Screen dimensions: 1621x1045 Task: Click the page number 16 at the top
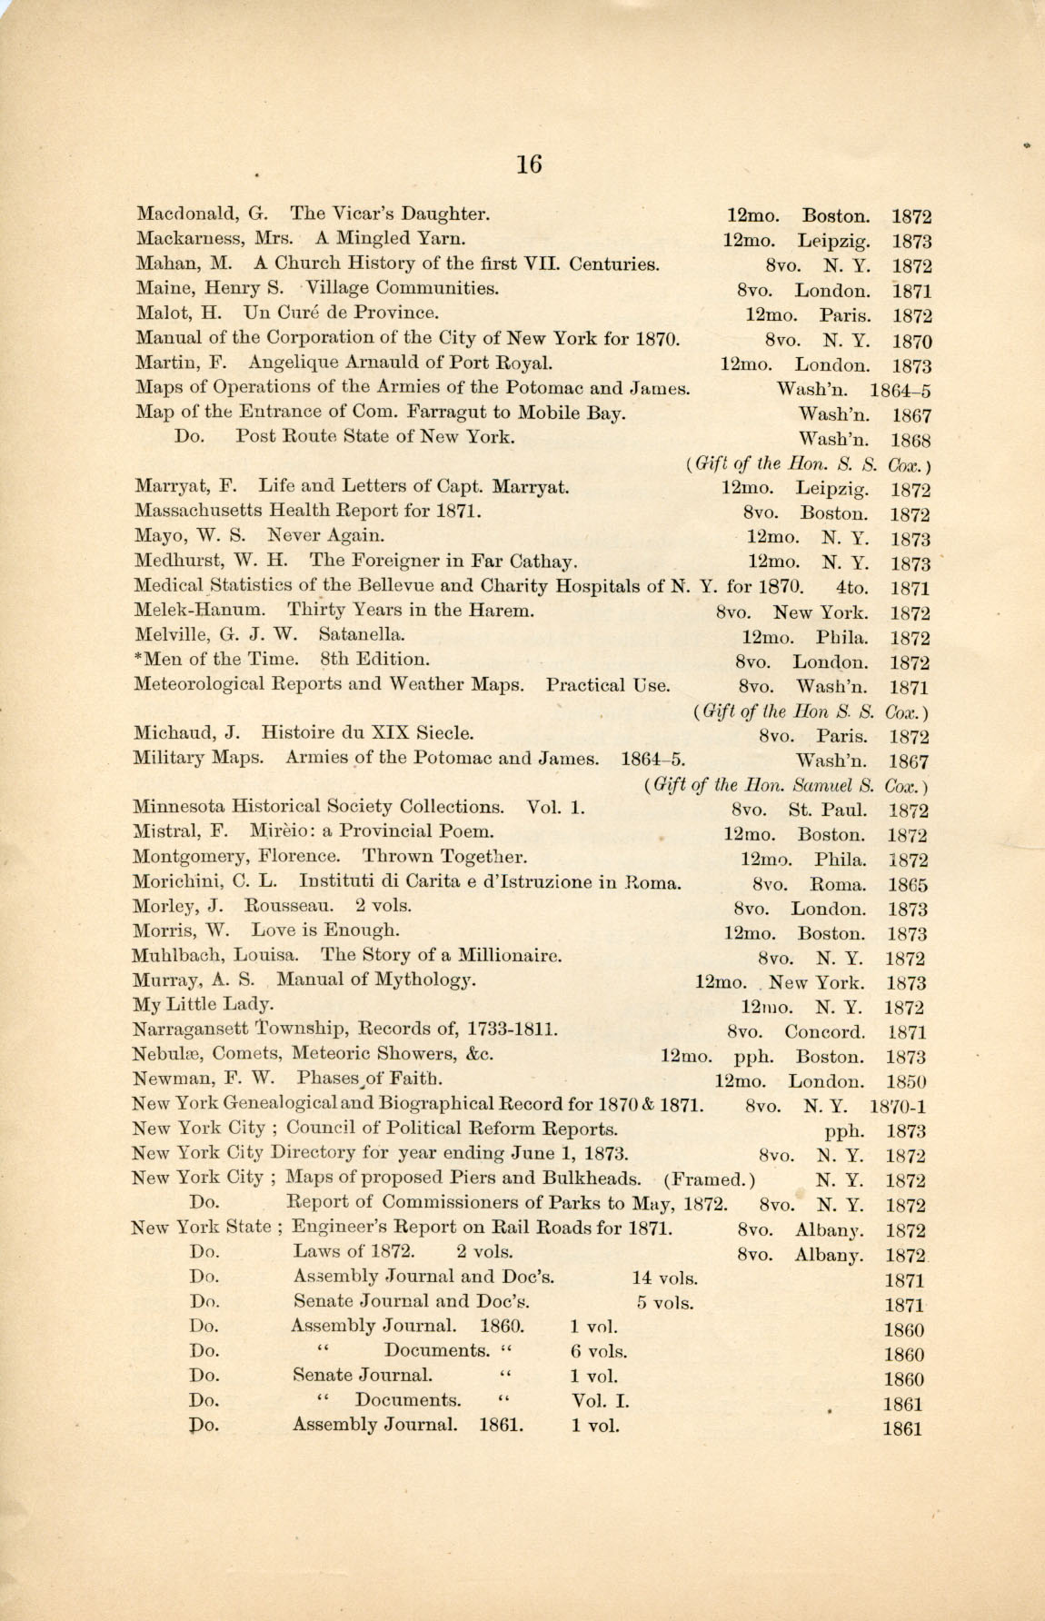tap(528, 164)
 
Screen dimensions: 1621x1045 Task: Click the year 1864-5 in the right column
tap(900, 391)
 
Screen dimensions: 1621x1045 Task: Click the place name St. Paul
tap(827, 810)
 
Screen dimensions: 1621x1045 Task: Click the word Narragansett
tap(189, 1029)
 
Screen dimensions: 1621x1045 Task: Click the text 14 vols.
tap(664, 1278)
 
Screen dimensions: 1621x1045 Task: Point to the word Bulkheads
tap(591, 1178)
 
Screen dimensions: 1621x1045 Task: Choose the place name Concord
tap(824, 1032)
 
